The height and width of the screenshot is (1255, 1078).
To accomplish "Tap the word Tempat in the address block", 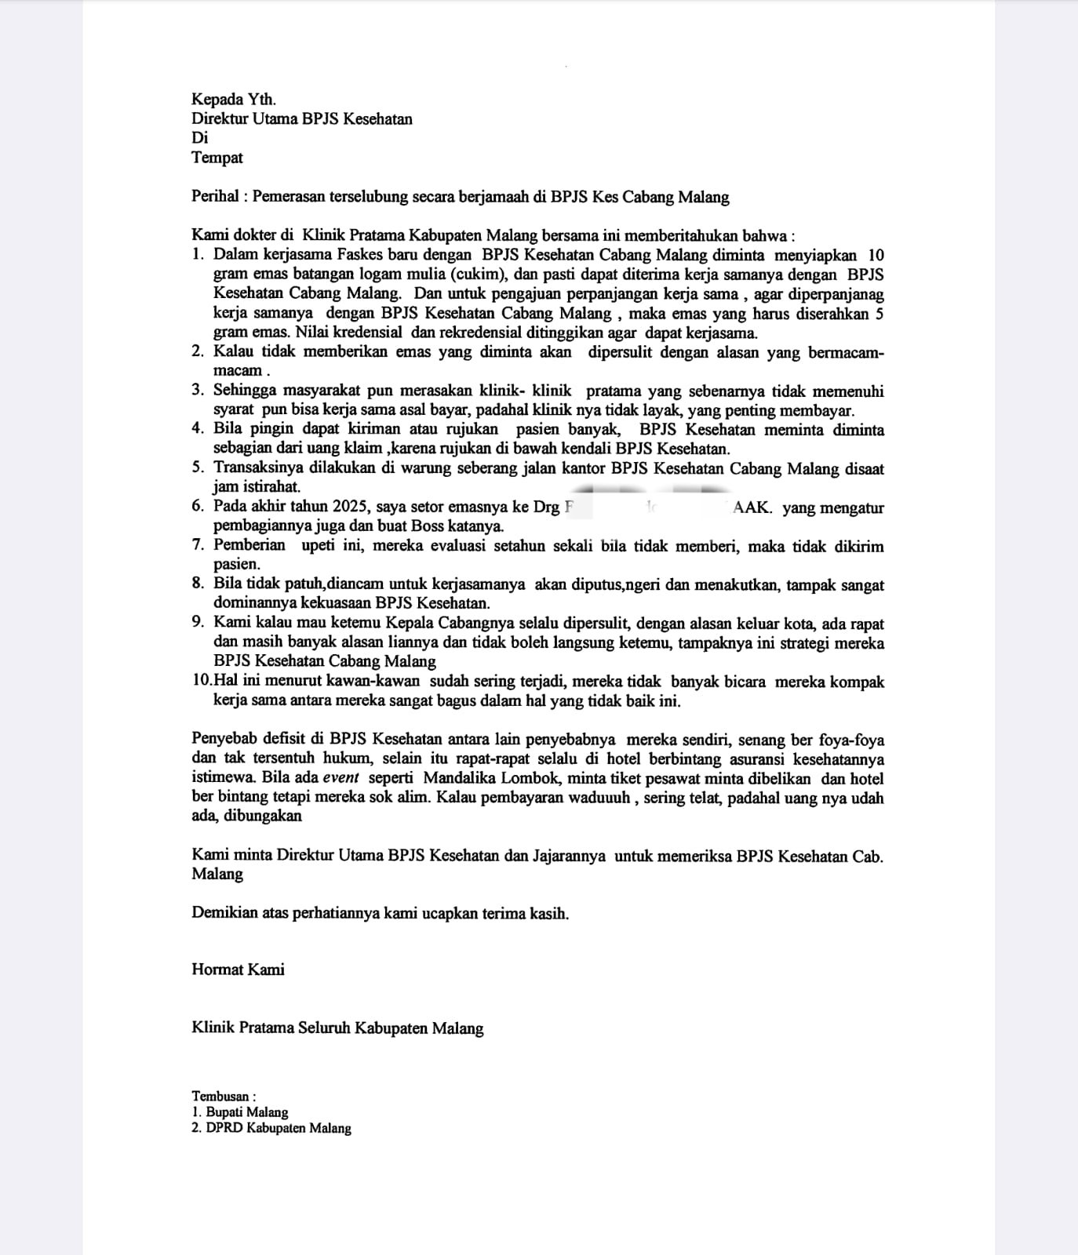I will tap(217, 158).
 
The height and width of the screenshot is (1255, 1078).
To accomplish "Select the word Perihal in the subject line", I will tap(215, 197).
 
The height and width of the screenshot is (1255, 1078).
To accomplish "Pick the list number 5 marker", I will tap(197, 468).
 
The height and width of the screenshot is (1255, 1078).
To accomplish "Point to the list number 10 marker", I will tap(201, 682).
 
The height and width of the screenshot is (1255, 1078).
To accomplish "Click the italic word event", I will tap(340, 778).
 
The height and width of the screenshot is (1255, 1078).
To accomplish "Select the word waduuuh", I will tap(600, 798).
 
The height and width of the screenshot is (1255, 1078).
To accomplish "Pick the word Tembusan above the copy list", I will tap(220, 1097).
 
